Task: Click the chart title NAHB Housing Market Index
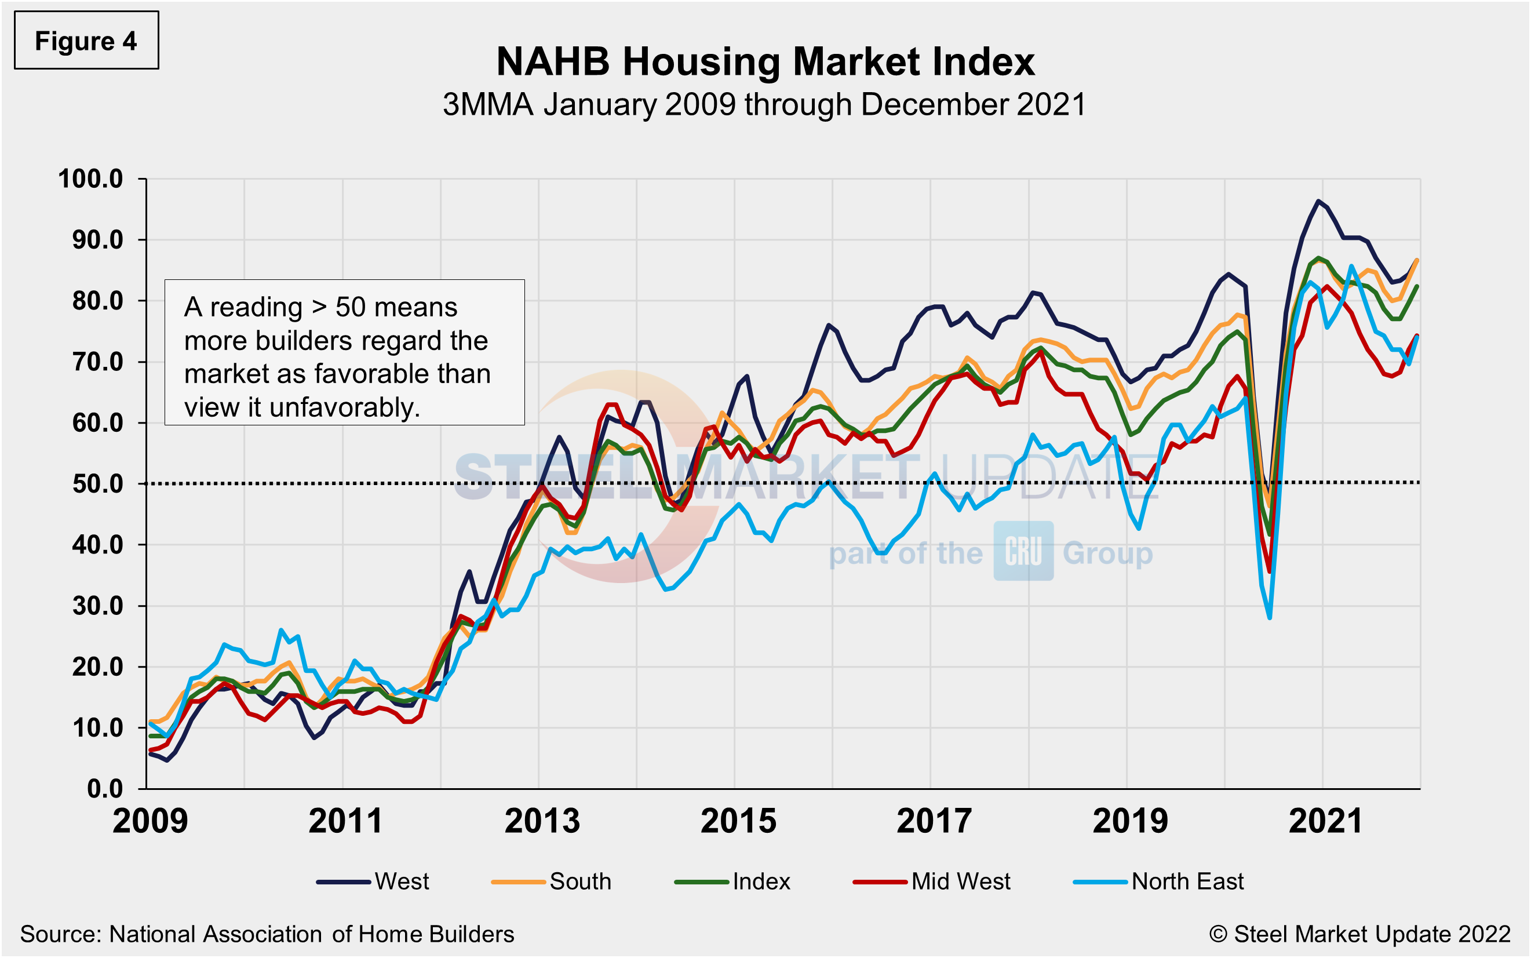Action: (764, 62)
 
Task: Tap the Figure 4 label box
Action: (86, 41)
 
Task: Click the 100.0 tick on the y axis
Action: (91, 179)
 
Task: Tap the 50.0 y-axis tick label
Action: (97, 484)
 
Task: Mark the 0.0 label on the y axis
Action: (105, 789)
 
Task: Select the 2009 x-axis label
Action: (150, 821)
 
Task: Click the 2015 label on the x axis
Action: (738, 821)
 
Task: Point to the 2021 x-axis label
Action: (1326, 821)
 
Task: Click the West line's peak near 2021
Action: (1318, 202)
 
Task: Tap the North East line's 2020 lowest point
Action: (1270, 617)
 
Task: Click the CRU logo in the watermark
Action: (1023, 551)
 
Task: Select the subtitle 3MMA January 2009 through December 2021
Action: (764, 104)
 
